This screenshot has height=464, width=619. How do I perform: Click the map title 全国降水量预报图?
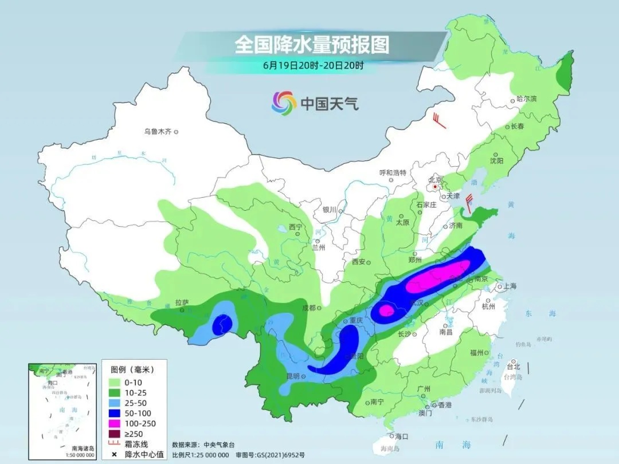coord(312,45)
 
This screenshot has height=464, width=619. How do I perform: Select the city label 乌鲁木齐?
coord(158,132)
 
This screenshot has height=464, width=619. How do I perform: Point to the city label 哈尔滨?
coord(526,99)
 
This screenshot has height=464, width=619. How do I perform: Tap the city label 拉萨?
coord(182,302)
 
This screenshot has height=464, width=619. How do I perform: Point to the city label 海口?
coord(401,437)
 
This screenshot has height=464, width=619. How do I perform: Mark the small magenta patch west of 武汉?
coord(386,310)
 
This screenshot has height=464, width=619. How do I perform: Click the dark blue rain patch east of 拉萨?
coord(221,325)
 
